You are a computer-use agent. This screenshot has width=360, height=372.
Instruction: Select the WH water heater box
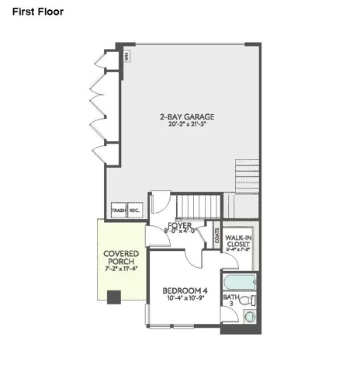coord(126,57)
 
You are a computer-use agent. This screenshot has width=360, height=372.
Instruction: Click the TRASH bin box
coord(118,210)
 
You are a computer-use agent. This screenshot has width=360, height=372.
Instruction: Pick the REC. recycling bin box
coord(133,210)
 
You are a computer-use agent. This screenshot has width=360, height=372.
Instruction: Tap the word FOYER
coord(179,226)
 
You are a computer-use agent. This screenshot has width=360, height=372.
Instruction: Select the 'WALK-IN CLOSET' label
coord(238,239)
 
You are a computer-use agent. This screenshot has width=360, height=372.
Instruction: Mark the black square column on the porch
coord(113,296)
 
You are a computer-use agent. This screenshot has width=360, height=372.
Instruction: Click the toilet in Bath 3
coord(247,300)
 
